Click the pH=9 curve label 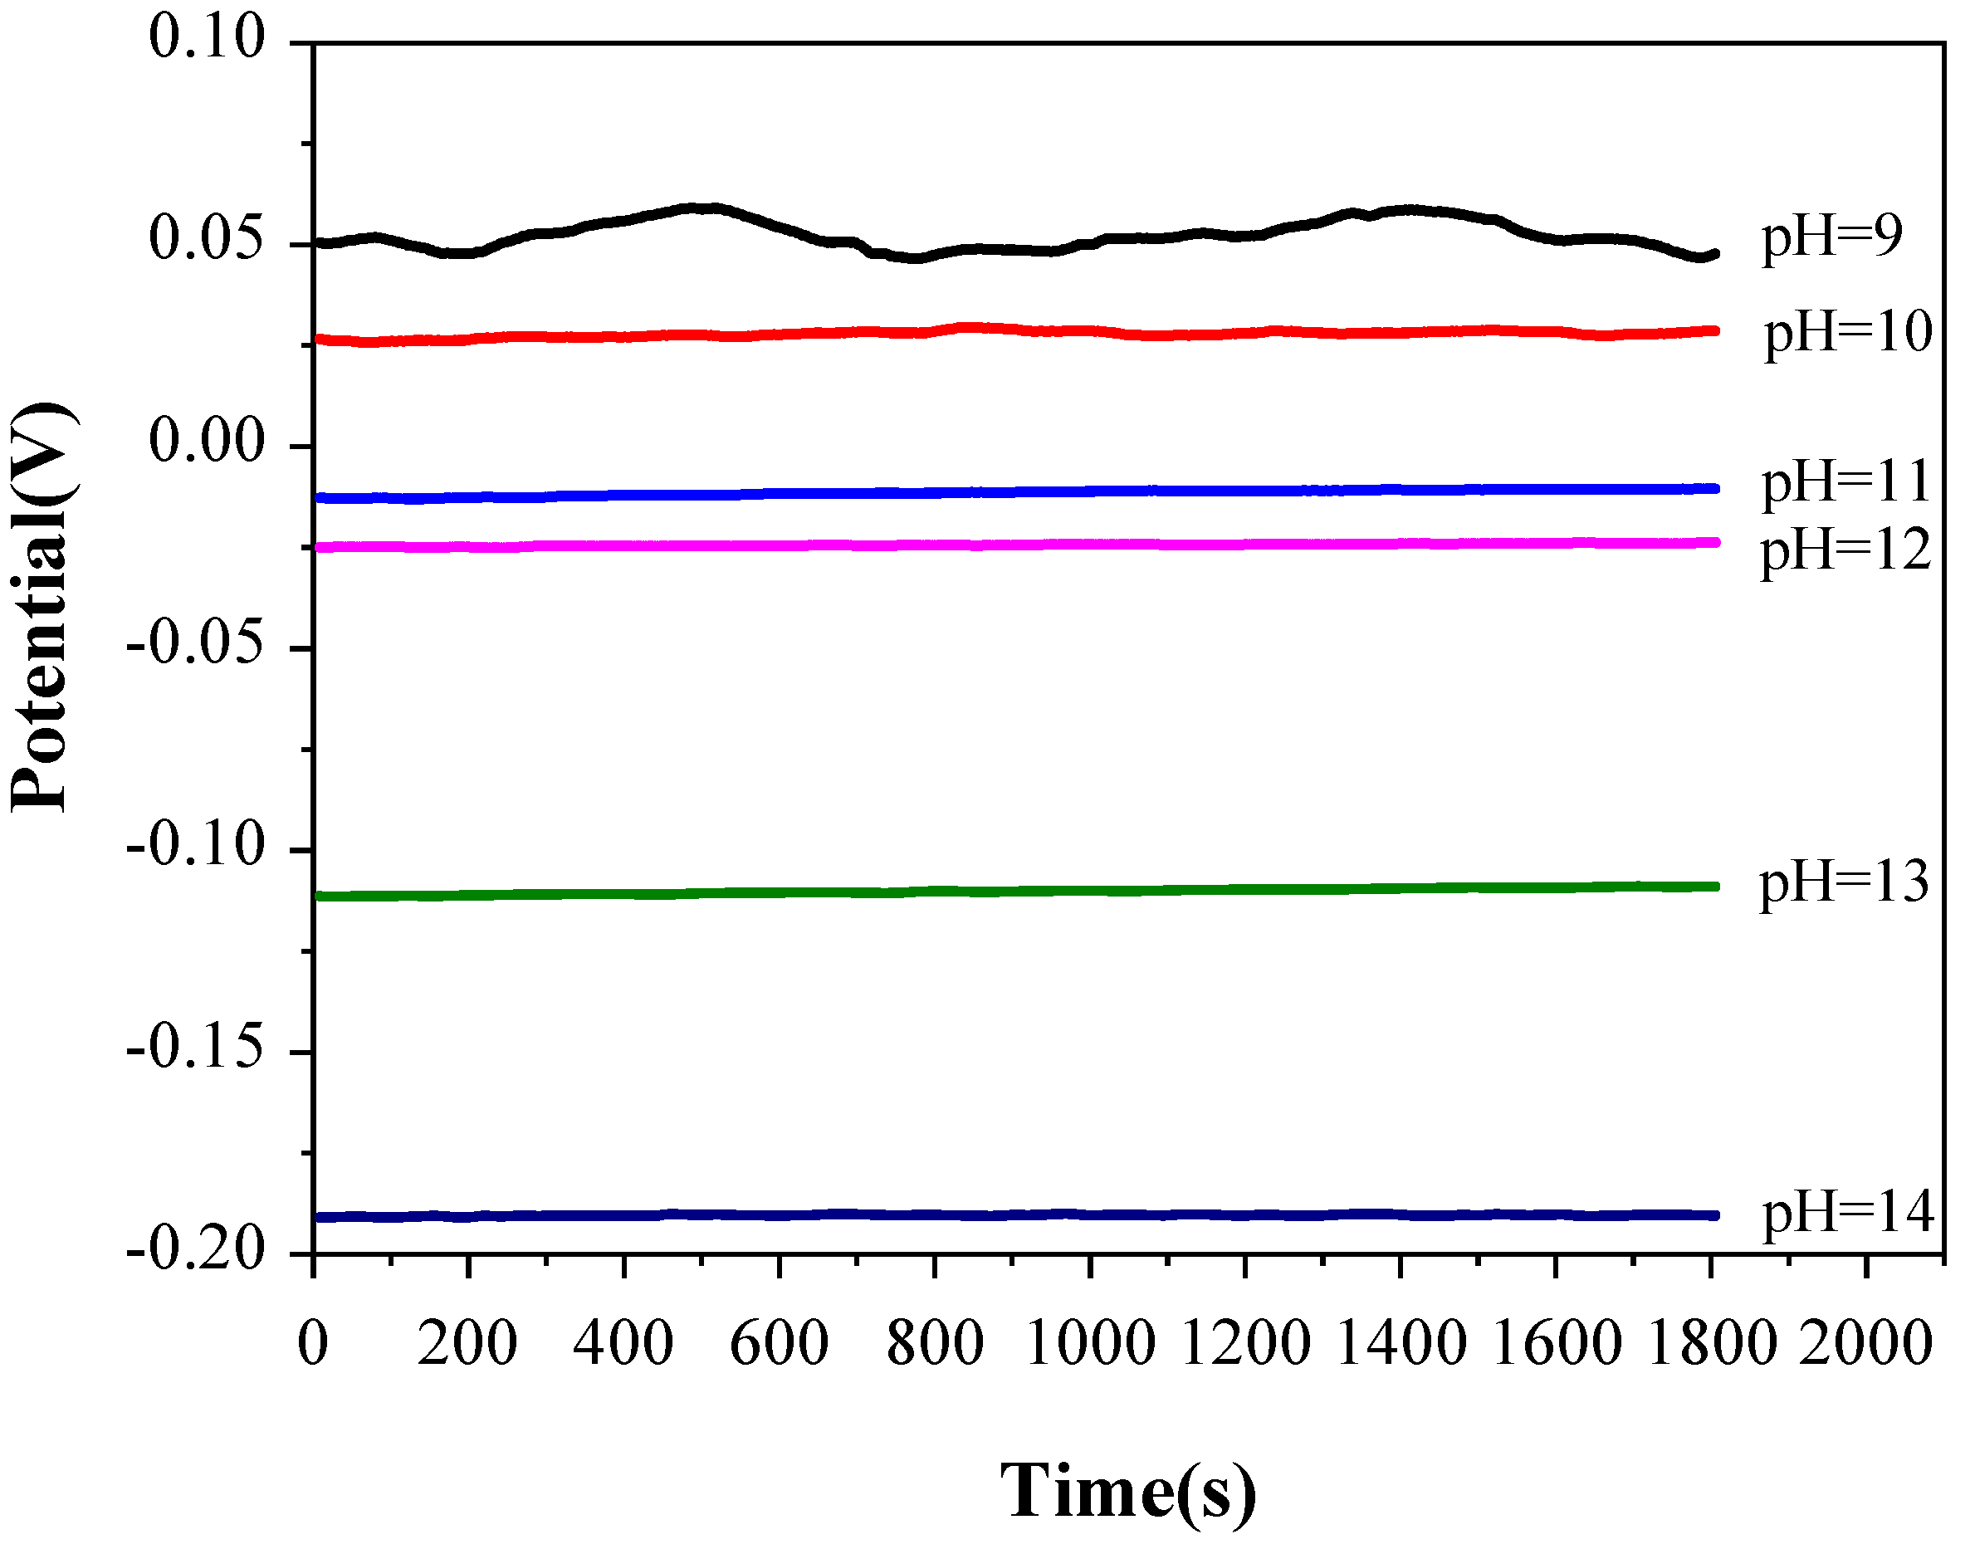[x=1831, y=237]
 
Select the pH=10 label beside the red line [x=1847, y=333]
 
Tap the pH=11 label [x=1845, y=481]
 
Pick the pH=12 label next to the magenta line [x=1845, y=550]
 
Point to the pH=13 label [x=1844, y=882]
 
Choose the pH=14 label [x=1847, y=1213]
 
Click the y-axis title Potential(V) [x=42, y=608]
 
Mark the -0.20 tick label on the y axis [x=196, y=1253]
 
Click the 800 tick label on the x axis [x=934, y=1343]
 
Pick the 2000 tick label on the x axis [x=1866, y=1343]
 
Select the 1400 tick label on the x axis [x=1401, y=1343]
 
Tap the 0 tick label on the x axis [x=313, y=1343]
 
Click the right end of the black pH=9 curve [x=1713, y=254]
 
